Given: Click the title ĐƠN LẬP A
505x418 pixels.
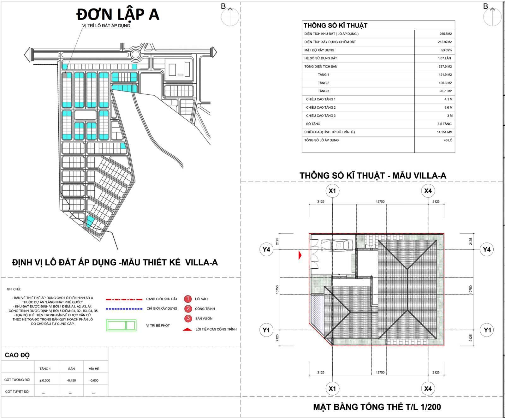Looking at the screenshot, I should (x=118, y=15).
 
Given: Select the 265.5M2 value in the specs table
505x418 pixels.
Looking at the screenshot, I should (x=447, y=34).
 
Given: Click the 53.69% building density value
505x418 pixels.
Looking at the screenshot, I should (x=446, y=50).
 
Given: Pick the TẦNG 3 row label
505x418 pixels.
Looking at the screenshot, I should (x=323, y=91).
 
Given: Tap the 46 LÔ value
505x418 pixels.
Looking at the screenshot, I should (x=448, y=140).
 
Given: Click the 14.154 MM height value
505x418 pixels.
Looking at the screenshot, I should (x=444, y=132).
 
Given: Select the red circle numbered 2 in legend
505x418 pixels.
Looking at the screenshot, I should (x=188, y=308).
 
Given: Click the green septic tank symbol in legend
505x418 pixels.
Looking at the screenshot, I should (x=121, y=325).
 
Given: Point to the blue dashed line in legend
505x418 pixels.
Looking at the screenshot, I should (x=124, y=309).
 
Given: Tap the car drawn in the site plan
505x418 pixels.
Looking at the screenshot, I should (x=337, y=245).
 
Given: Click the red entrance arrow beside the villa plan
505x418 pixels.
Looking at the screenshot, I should (x=300, y=255).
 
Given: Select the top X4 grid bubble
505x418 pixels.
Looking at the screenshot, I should (x=428, y=191).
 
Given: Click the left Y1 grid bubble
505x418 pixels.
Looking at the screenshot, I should (x=266, y=330).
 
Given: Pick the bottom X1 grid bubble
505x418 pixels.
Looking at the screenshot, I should (x=332, y=389).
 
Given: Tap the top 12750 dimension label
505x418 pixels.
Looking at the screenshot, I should (x=380, y=201).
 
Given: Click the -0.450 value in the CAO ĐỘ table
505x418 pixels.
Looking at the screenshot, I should (x=71, y=380).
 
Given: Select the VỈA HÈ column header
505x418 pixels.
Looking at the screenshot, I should (x=94, y=369).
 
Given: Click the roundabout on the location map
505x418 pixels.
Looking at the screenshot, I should (x=136, y=54).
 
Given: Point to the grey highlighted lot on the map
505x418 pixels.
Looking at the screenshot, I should (x=64, y=75).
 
